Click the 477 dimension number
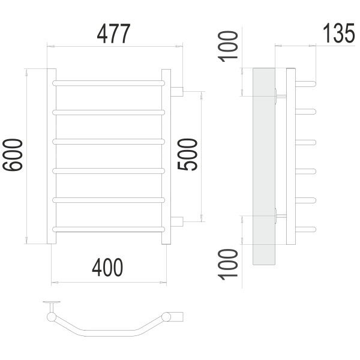point(113,34)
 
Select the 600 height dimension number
point(13,155)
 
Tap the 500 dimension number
point(187,154)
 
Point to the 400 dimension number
point(107,268)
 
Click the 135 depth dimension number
point(338,33)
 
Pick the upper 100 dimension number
point(228,47)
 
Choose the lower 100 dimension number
point(228,265)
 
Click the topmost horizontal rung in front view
point(109,83)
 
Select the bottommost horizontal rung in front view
point(109,229)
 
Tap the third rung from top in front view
point(109,142)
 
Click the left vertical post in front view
point(52,156)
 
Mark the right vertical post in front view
point(166,157)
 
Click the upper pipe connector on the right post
point(177,92)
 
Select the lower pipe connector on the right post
point(177,221)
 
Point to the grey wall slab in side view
point(264,166)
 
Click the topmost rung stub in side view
point(306,83)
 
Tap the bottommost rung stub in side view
point(306,229)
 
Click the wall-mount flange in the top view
point(52,302)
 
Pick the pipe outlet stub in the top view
point(177,317)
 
